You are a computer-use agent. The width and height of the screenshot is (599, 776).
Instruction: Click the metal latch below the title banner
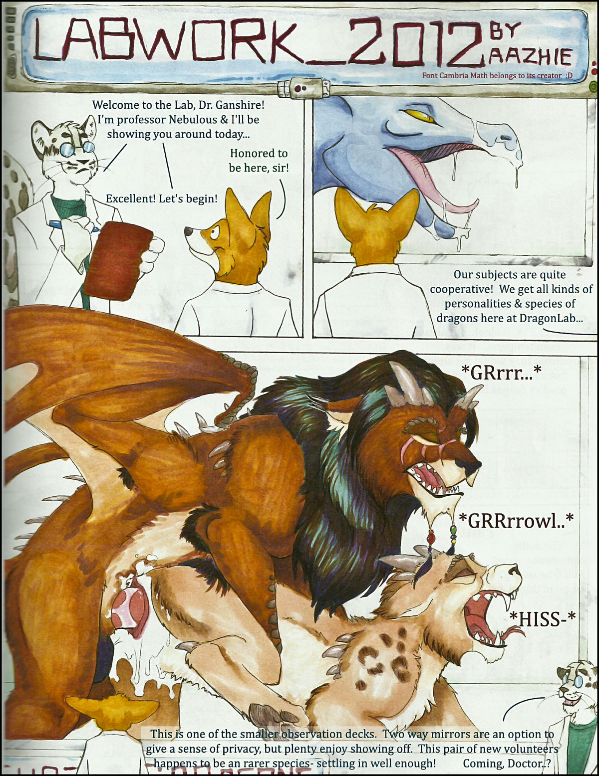click(304, 88)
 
